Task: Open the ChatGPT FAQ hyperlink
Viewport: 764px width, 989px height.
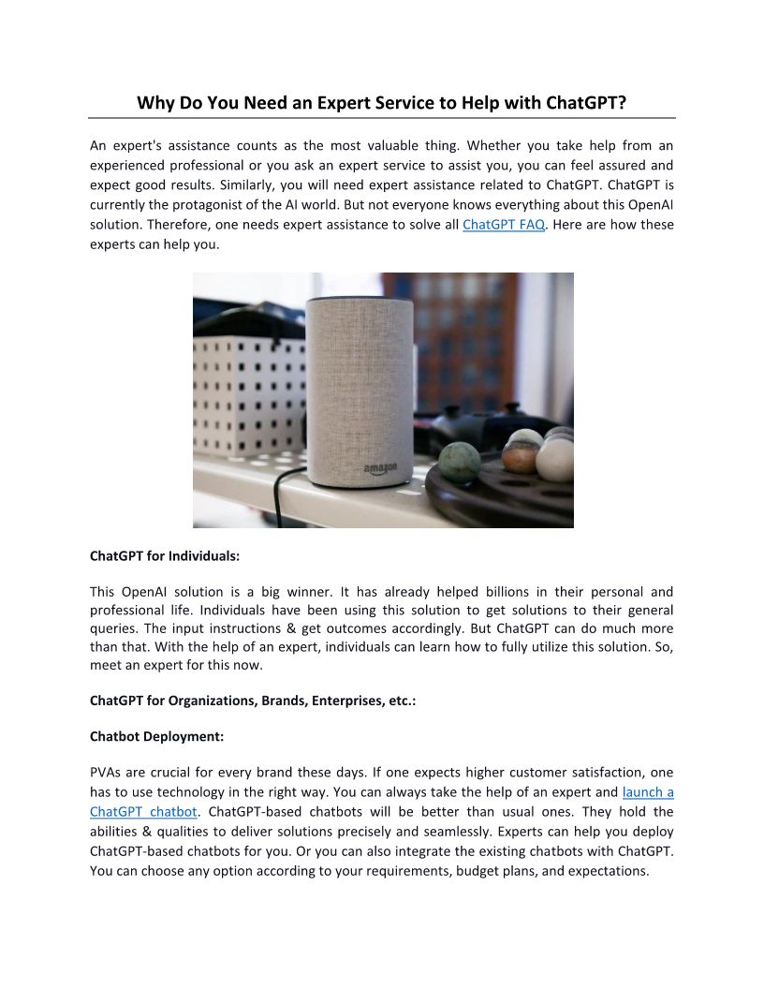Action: coord(503,226)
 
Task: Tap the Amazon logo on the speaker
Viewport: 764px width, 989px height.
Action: coord(380,467)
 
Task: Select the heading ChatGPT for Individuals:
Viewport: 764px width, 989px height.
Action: coord(165,555)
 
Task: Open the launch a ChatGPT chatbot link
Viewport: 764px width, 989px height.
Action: coord(647,792)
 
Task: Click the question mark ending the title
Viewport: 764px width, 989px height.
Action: coord(621,102)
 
